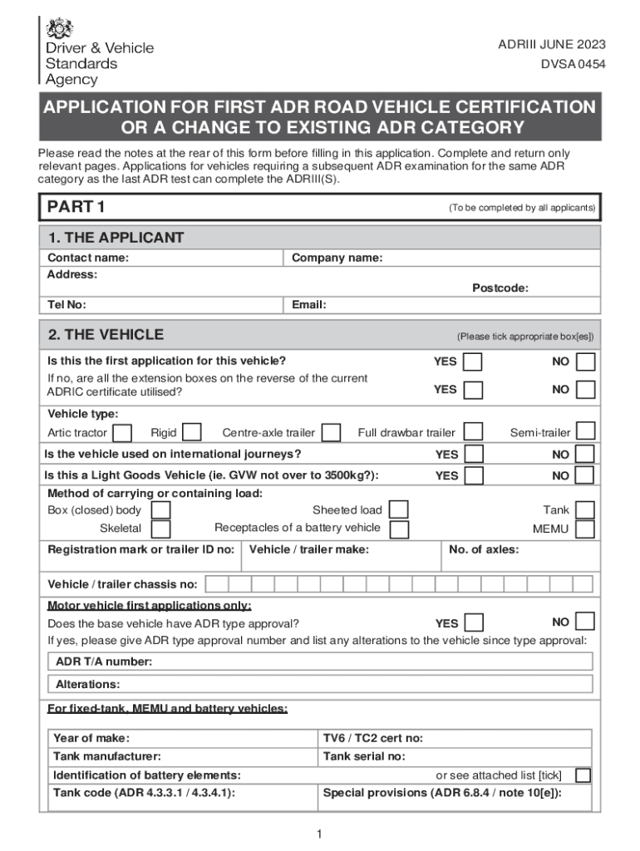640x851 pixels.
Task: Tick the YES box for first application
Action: coord(473,362)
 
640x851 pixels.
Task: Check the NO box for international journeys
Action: coord(585,455)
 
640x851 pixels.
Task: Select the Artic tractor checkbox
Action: coord(122,433)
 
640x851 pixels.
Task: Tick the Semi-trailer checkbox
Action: coord(586,431)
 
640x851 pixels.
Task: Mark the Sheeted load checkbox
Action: coord(399,509)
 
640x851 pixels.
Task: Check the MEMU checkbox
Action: coord(585,529)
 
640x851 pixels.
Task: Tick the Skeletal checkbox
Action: coord(161,529)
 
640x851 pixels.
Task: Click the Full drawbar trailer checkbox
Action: coord(473,431)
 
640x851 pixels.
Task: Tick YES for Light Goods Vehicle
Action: coord(473,475)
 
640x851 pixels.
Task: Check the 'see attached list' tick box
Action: coord(583,775)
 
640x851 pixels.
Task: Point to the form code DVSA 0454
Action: coord(573,62)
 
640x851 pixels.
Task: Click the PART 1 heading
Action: coord(76,207)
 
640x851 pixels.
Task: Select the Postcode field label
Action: coord(500,288)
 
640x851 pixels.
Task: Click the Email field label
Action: coord(308,305)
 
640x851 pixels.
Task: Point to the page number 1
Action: coord(319,834)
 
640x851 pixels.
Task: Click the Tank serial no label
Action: coord(364,756)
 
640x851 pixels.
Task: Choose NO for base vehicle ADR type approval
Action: coord(585,622)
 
